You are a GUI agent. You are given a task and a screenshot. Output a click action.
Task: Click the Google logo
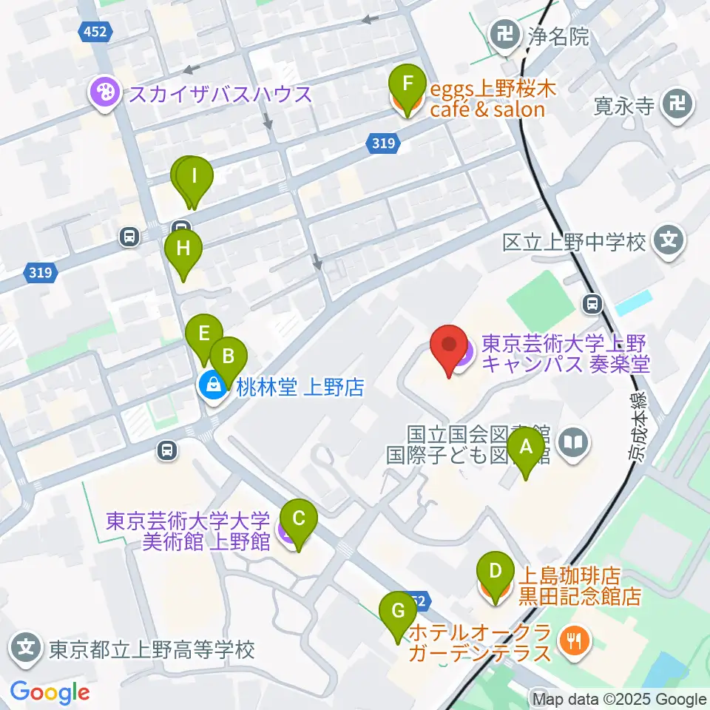(x=50, y=692)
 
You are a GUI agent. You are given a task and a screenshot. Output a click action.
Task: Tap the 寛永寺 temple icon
(x=677, y=104)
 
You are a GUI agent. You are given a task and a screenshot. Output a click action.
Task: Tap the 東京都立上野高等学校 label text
(x=152, y=650)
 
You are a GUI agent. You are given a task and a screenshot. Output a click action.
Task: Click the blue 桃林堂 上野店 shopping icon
(x=213, y=386)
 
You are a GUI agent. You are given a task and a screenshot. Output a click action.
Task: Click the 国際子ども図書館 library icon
(x=575, y=444)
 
